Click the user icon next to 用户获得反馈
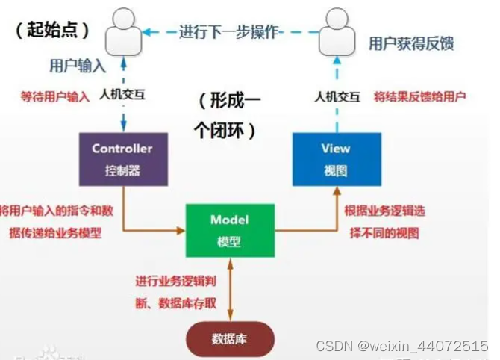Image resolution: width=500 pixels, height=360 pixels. [x=337, y=34]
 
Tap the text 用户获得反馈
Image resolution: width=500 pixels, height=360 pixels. [x=411, y=45]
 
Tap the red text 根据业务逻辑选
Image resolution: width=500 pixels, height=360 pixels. [x=385, y=211]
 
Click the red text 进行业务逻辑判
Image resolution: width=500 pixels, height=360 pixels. [x=177, y=282]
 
